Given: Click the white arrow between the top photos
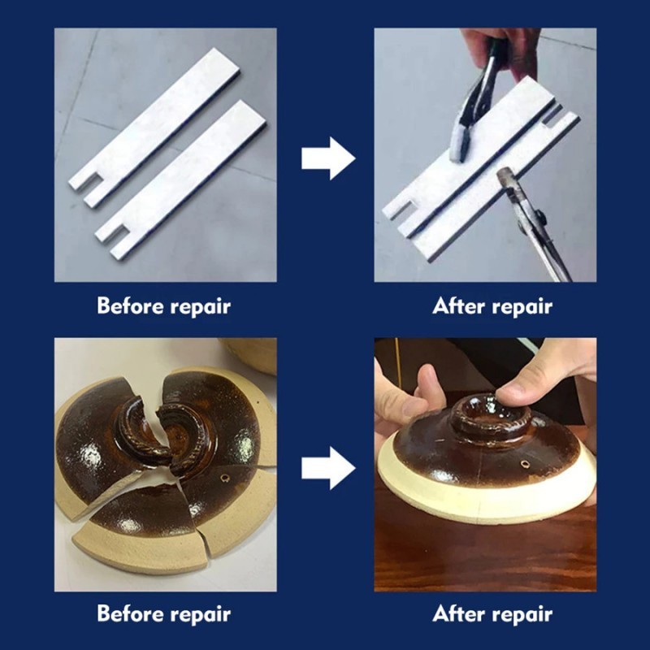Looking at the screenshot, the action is point(328,158).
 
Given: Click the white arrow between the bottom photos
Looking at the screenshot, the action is point(328,468).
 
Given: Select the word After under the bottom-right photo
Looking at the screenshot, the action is point(458,613).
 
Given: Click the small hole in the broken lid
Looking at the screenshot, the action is point(226,479).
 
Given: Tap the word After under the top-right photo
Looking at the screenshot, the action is point(458,306).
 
